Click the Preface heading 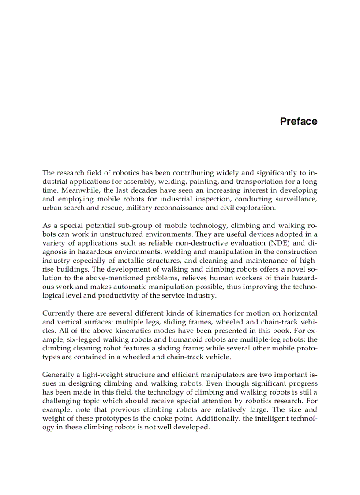pyautogui.click(x=298, y=122)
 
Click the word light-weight pyautogui.click(x=99, y=375)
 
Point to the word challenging pyautogui.click(x=61, y=401)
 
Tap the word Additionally pyautogui.click(x=217, y=418)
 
